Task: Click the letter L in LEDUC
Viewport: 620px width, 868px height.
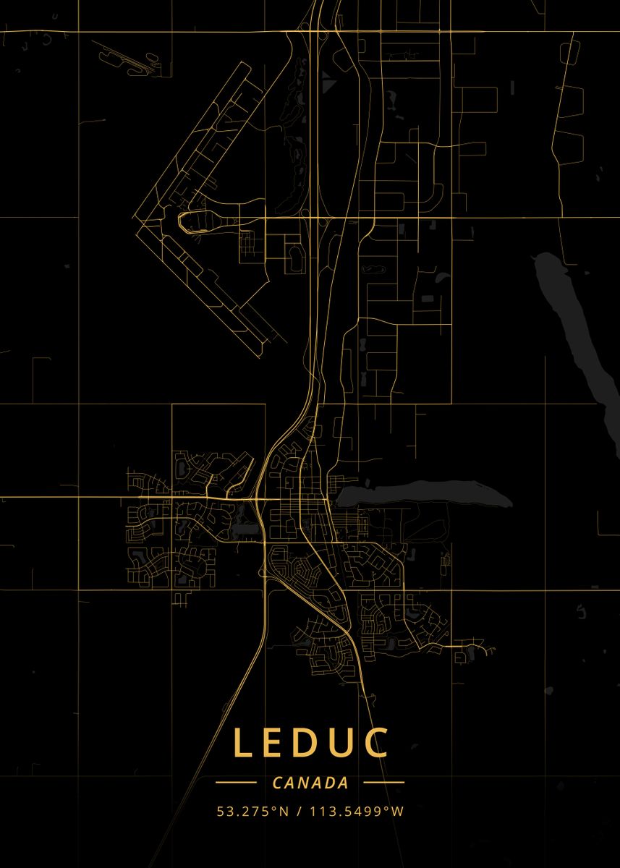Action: coord(244,743)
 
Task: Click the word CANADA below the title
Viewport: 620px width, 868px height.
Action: coord(310,783)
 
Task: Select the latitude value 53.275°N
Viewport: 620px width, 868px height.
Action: coord(252,812)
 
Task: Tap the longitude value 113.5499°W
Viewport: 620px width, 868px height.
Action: coord(357,812)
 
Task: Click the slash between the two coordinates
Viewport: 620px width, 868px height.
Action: coord(299,812)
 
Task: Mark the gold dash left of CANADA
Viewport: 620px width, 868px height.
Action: coord(236,783)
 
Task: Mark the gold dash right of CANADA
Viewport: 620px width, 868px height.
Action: coord(383,783)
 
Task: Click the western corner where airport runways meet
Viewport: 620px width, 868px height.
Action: coord(135,217)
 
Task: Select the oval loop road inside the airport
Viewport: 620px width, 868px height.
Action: coord(195,220)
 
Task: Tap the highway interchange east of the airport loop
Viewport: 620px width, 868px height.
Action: coord(318,217)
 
